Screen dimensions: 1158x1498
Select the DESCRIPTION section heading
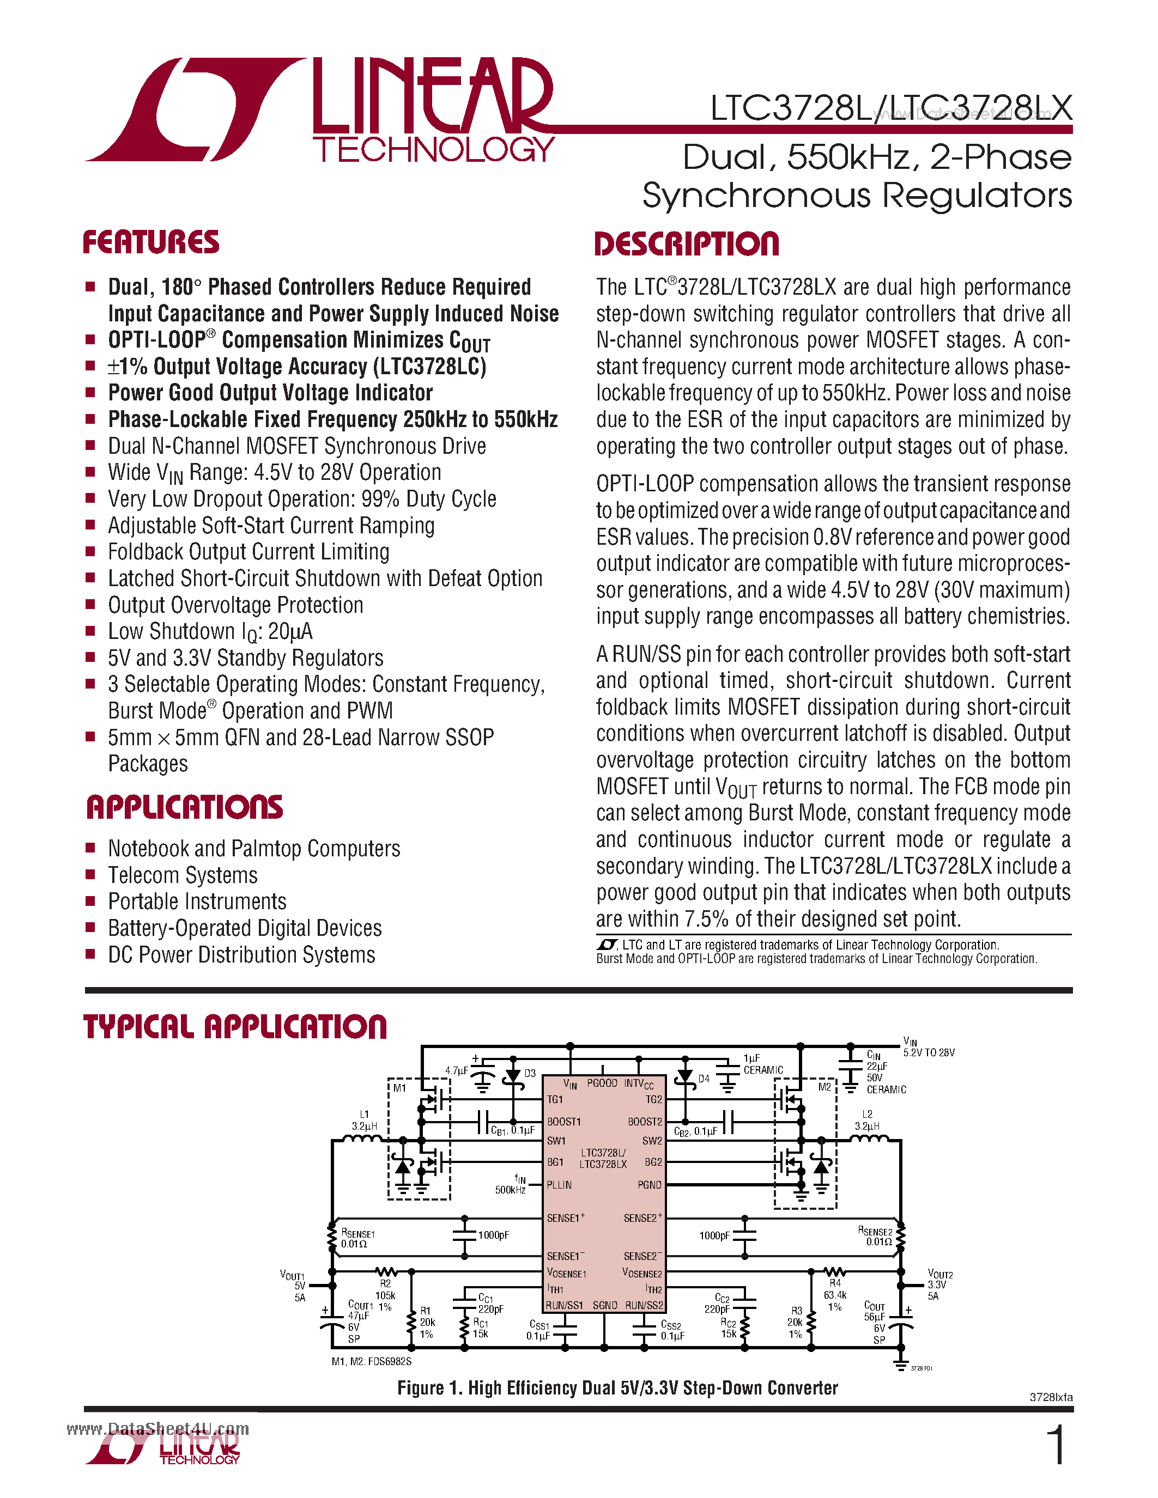click(686, 244)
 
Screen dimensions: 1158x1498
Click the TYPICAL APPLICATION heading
click(235, 1027)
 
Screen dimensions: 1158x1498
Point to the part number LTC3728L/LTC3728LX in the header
click(890, 108)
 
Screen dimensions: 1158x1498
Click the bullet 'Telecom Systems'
click(183, 875)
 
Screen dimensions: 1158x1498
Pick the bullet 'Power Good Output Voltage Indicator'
click(270, 393)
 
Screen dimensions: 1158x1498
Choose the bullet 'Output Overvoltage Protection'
click(235, 605)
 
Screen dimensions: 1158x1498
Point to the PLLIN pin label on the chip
click(559, 1185)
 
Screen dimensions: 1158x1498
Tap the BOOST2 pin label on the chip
click(645, 1122)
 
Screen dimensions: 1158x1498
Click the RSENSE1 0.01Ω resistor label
click(357, 1238)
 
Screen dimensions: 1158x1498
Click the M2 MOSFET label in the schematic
click(824, 1087)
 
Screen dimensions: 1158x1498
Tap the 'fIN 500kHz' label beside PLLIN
click(511, 1185)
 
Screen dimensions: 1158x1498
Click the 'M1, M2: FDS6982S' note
click(371, 1361)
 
